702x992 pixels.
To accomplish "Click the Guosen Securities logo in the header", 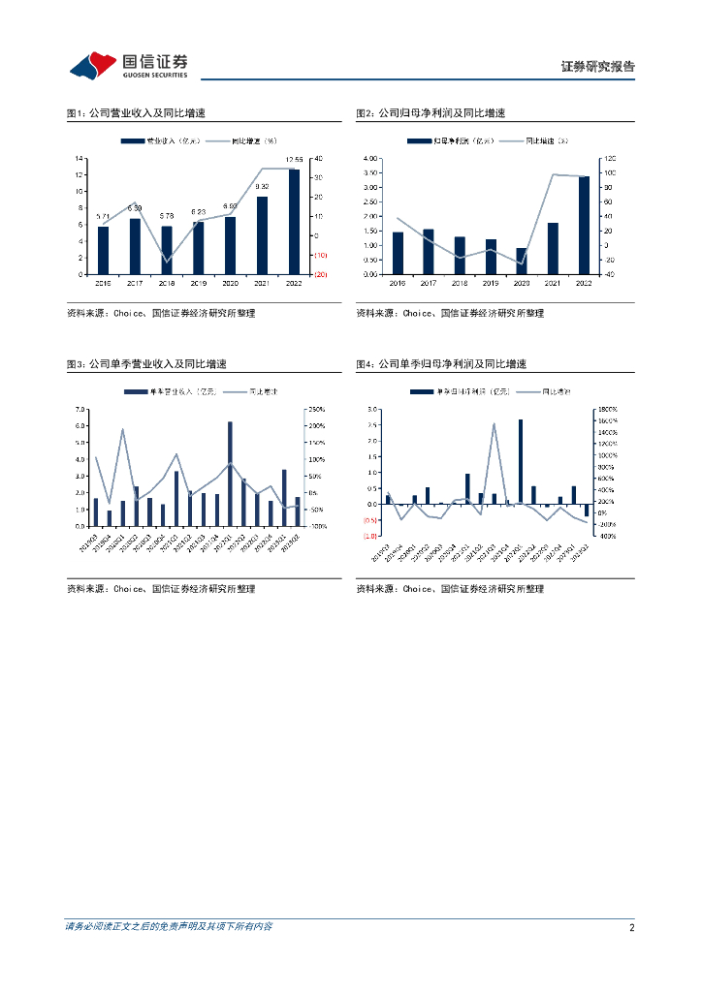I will click(x=128, y=65).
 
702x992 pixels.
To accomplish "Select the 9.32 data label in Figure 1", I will click(x=262, y=186).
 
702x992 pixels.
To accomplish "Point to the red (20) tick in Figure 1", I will click(x=320, y=274).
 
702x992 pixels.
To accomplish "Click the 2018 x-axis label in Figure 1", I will click(x=167, y=283).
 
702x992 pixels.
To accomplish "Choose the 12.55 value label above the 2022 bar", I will click(x=294, y=159).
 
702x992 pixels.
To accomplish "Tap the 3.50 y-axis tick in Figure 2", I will click(x=369, y=172).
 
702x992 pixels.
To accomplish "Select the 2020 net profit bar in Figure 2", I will click(x=522, y=261).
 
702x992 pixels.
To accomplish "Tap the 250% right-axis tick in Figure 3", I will click(x=316, y=410).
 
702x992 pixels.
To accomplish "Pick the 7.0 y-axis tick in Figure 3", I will click(x=80, y=410).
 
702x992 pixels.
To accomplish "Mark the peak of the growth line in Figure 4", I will click(x=494, y=423).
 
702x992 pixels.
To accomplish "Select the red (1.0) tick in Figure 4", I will click(x=370, y=536).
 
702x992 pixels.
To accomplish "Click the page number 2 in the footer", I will click(x=631, y=927).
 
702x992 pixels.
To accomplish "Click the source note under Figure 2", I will click(x=450, y=313).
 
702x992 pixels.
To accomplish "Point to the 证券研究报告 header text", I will click(x=598, y=67).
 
